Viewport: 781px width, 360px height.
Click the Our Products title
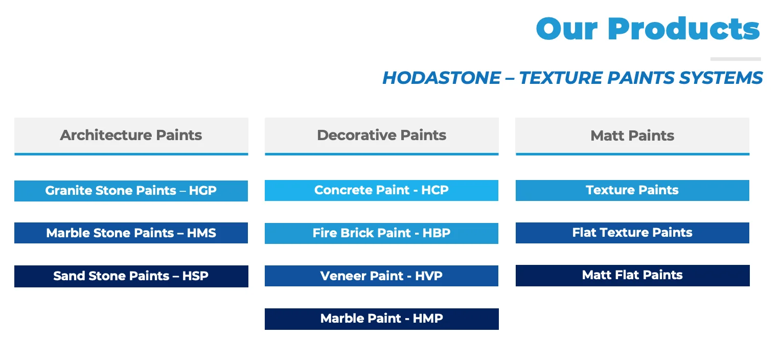pos(648,29)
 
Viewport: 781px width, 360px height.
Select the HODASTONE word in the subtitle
pos(442,78)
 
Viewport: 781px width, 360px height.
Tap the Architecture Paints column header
pos(131,136)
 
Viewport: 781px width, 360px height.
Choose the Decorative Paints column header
pos(381,136)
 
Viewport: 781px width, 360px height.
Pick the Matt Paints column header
pos(632,136)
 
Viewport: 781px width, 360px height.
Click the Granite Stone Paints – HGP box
pos(131,191)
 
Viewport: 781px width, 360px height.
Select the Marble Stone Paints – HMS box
pos(131,233)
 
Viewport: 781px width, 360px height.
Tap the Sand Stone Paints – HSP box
pos(131,276)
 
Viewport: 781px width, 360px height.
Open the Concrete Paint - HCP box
pos(381,190)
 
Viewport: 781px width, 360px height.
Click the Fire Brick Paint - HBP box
pos(381,233)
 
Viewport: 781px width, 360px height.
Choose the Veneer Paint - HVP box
pos(381,276)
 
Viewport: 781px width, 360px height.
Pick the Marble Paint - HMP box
pos(381,319)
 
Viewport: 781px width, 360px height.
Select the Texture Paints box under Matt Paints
pos(632,190)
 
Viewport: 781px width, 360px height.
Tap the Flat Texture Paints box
pos(632,233)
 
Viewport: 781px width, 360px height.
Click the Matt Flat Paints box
pos(632,275)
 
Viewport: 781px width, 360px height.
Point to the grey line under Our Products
pos(735,59)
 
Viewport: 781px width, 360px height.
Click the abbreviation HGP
pos(203,191)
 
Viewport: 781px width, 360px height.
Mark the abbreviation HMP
pos(428,319)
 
